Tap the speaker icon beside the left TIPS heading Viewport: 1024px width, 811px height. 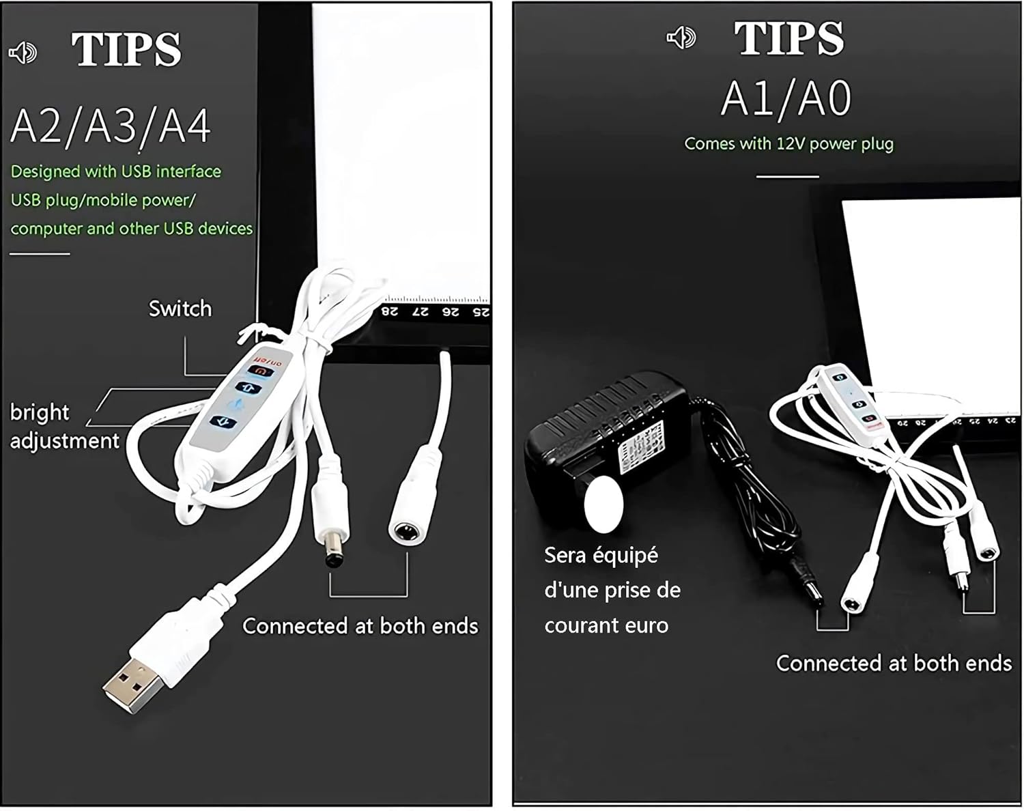[23, 52]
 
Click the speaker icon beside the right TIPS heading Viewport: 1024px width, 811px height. [681, 38]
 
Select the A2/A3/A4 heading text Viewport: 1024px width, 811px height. [111, 126]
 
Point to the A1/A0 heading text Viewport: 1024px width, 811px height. [786, 99]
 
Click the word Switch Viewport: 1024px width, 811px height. [180, 309]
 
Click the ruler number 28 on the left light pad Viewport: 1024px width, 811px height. [389, 311]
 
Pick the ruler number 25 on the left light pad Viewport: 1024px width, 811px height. [481, 312]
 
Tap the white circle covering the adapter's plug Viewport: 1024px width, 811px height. [604, 504]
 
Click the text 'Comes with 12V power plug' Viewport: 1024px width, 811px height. [788, 144]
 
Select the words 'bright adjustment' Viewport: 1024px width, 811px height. [64, 427]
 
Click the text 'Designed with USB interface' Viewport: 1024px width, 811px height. [116, 171]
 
